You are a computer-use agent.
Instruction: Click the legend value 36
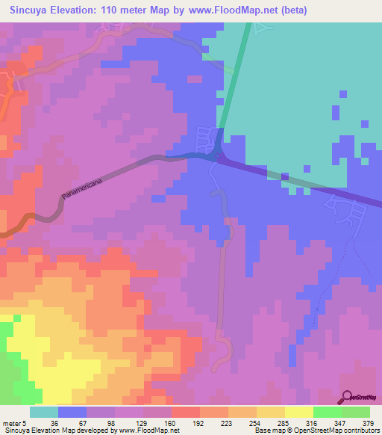[x=54, y=422]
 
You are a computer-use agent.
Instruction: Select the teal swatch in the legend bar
[x=44, y=412]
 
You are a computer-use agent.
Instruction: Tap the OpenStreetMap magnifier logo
[x=346, y=397]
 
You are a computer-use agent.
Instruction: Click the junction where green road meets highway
[x=216, y=155]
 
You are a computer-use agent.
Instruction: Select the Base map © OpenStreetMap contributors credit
[x=315, y=431]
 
